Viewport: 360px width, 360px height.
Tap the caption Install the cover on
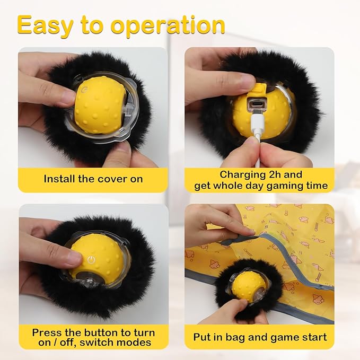93,179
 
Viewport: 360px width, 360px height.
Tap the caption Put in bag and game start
260,337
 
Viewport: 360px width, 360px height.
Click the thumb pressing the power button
64,258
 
